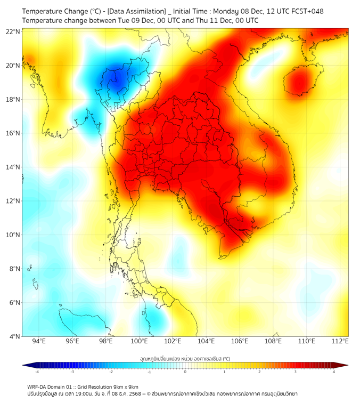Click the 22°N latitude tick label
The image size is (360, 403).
click(13, 31)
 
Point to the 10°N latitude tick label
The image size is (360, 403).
click(13, 235)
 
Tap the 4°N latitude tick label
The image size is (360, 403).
click(14, 336)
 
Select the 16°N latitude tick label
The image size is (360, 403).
click(13, 133)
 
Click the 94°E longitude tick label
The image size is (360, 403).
click(39, 342)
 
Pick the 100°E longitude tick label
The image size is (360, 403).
click(140, 342)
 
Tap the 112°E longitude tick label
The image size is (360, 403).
click(340, 342)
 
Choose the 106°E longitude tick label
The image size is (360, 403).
click(240, 342)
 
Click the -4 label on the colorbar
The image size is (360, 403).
click(37, 372)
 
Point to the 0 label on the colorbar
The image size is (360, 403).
click(185, 372)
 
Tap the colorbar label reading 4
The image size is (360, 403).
click(334, 372)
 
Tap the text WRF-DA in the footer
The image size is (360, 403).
click(37, 386)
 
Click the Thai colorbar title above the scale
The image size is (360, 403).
click(185, 358)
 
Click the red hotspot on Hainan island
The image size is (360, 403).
click(299, 82)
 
